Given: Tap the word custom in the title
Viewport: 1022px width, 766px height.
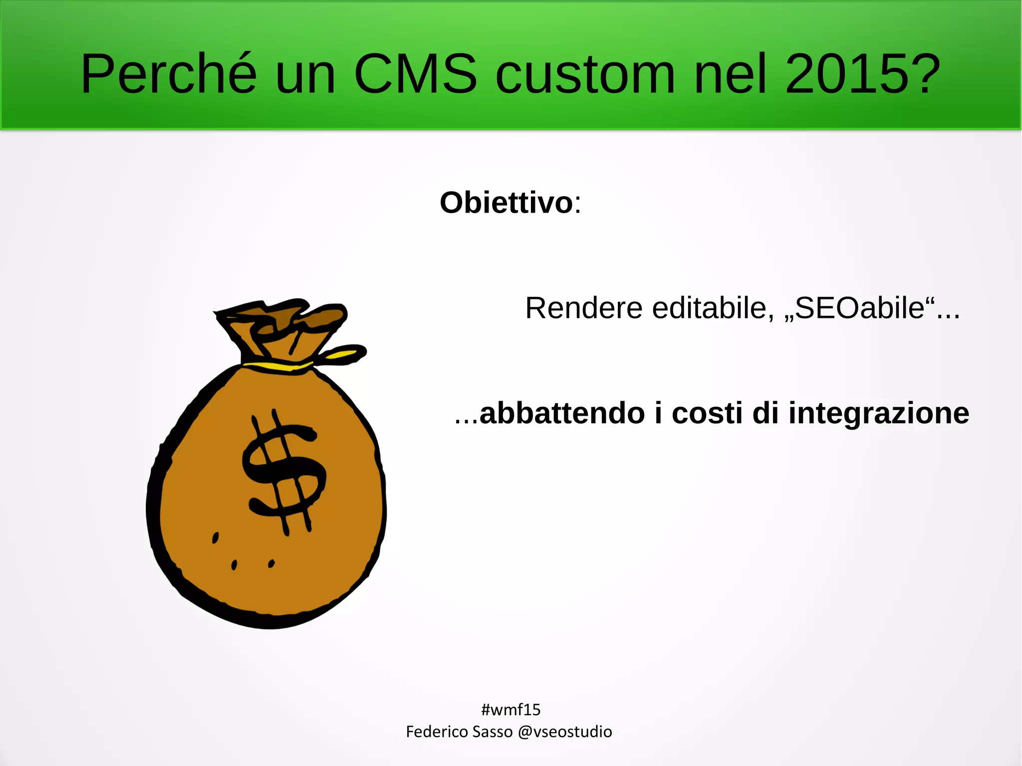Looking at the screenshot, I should tap(585, 75).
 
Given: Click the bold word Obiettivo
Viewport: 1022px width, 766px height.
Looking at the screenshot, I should tap(506, 203).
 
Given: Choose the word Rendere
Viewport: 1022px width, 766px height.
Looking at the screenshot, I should tap(583, 308).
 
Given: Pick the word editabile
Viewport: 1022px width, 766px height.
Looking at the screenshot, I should tap(709, 308).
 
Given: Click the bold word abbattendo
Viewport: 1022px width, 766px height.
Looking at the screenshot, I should tap(562, 414).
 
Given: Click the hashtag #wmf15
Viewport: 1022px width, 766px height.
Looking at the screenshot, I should tap(511, 709).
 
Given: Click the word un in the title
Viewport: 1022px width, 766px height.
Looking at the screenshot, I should tap(305, 75).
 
